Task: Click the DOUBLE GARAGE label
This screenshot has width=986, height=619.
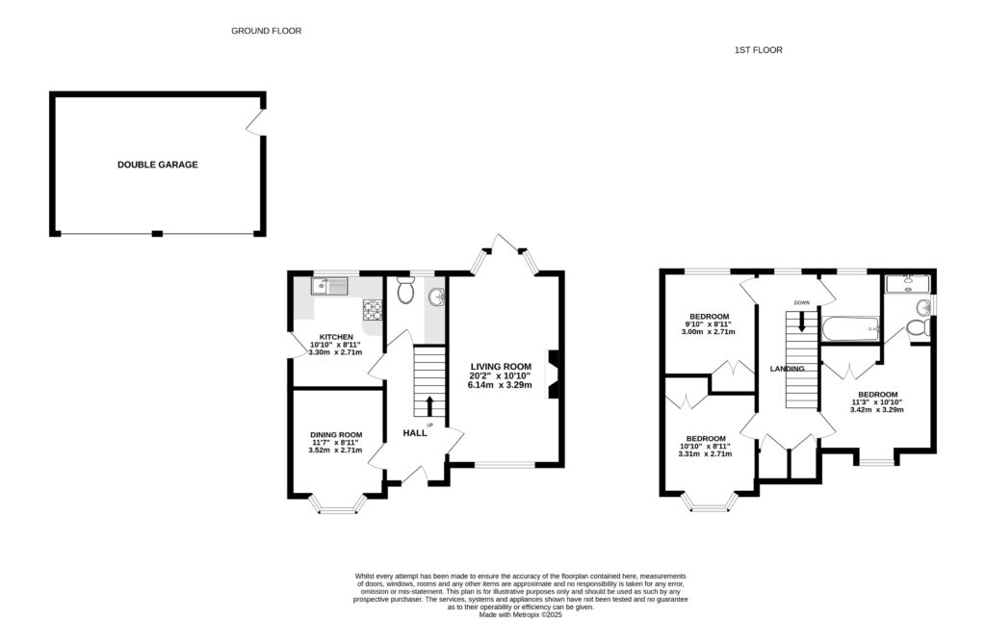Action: coord(157,165)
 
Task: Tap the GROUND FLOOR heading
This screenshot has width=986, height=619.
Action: coord(266,31)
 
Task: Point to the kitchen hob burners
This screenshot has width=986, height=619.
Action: coord(371,309)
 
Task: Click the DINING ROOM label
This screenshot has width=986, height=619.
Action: coord(336,434)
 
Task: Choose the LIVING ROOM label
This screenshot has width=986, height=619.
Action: coord(501,366)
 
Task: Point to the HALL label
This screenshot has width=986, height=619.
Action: coord(415,433)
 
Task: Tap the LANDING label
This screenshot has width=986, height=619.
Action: coord(787,369)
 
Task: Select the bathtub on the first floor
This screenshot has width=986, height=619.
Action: coord(850,329)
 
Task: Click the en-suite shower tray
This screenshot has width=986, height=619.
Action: coord(906,282)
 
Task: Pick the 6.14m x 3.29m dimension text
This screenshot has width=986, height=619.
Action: coord(501,383)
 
